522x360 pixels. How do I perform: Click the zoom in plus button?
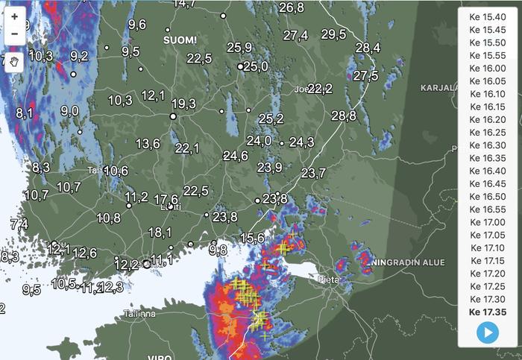click(14, 16)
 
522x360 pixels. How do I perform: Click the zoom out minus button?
click(14, 34)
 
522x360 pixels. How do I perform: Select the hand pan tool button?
click(14, 62)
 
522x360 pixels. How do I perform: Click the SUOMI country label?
click(180, 39)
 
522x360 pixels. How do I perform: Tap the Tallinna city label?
click(140, 314)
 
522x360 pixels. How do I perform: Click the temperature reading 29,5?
click(333, 34)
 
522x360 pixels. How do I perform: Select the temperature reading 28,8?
click(344, 116)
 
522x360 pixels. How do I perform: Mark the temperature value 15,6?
click(253, 238)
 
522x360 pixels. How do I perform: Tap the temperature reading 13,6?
click(148, 143)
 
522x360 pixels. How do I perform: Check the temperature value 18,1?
click(160, 233)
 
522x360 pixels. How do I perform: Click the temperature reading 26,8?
click(292, 7)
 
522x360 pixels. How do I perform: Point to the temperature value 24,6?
click(235, 156)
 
